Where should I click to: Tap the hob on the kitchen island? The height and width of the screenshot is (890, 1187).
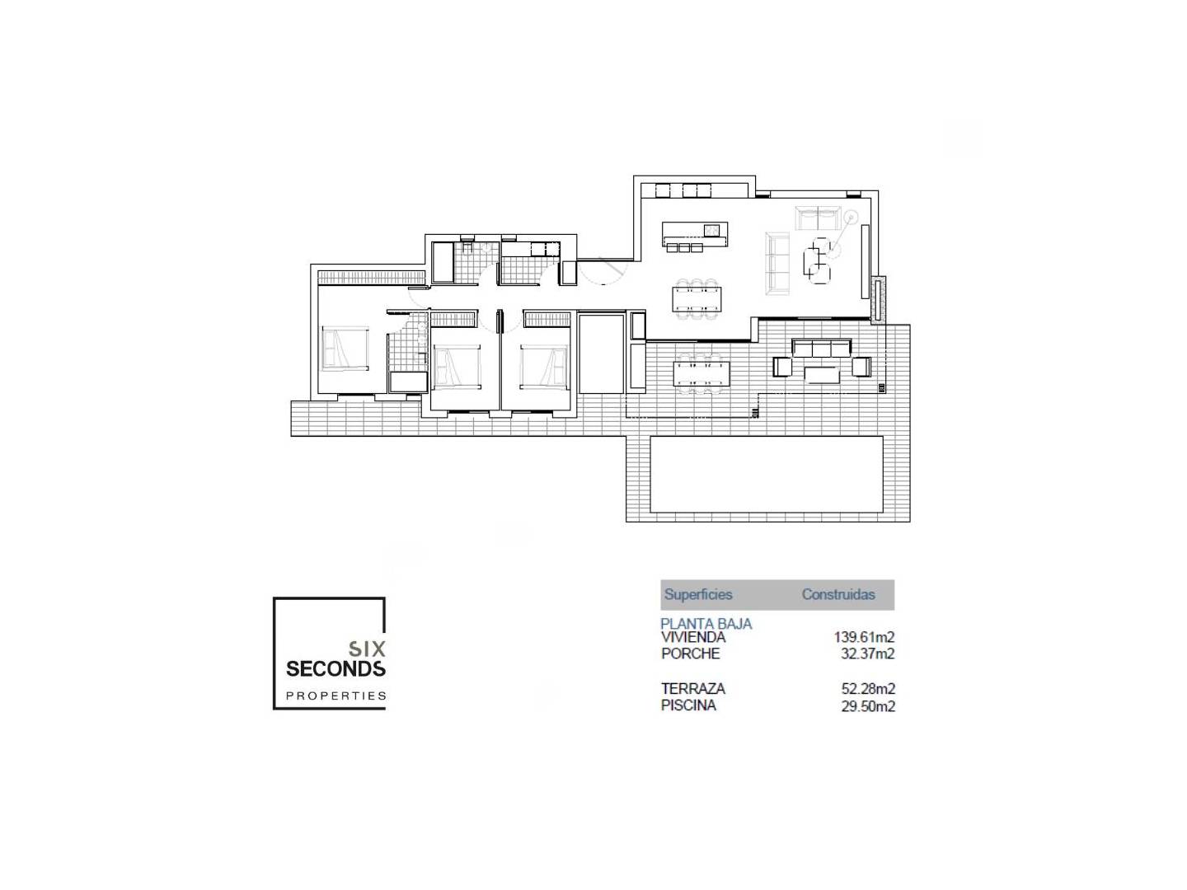[711, 230]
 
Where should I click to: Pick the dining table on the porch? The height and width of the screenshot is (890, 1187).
[701, 372]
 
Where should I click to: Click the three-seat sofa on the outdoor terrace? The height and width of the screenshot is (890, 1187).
[820, 348]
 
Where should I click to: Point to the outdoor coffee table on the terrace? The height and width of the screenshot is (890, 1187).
[821, 374]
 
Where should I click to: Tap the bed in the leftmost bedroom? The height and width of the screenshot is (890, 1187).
[345, 348]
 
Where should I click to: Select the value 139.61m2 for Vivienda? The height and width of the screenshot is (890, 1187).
[863, 637]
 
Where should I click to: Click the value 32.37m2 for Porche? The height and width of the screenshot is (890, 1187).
[866, 653]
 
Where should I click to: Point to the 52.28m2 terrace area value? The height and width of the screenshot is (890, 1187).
[867, 689]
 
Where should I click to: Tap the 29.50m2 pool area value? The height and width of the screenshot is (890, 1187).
[867, 706]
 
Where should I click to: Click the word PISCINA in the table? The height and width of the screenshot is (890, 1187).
[687, 705]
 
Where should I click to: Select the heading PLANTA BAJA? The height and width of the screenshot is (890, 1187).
[706, 624]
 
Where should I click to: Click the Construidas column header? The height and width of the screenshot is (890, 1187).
[837, 594]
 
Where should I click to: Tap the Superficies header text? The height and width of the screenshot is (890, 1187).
[697, 594]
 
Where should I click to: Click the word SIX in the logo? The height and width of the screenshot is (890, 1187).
[367, 648]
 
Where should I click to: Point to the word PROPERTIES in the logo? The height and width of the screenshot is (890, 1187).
[335, 696]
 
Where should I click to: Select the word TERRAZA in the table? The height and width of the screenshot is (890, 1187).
[692, 688]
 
